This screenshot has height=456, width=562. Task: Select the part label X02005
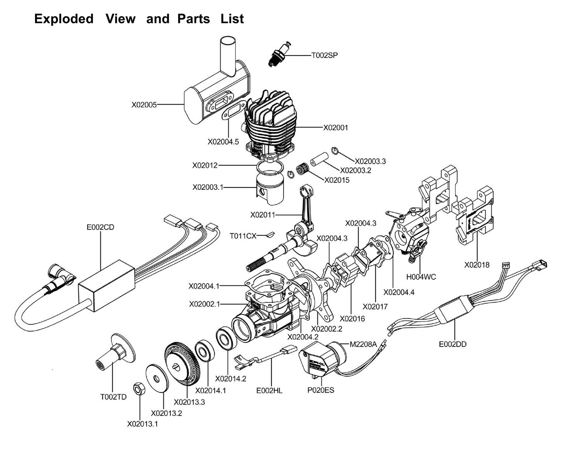tap(144, 105)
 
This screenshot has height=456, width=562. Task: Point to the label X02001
tap(336, 128)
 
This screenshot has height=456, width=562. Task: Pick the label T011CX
tap(243, 236)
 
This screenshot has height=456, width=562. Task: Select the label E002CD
tap(100, 227)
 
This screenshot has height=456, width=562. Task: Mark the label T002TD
tap(113, 397)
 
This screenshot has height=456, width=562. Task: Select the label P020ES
tap(320, 390)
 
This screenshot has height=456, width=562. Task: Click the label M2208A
tap(363, 344)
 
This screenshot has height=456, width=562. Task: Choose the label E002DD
tap(452, 344)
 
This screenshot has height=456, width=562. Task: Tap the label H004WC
tap(421, 277)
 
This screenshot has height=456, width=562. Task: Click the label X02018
tap(477, 265)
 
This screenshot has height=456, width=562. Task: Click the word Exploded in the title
tap(64, 19)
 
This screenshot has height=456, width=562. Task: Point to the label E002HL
tap(269, 390)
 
